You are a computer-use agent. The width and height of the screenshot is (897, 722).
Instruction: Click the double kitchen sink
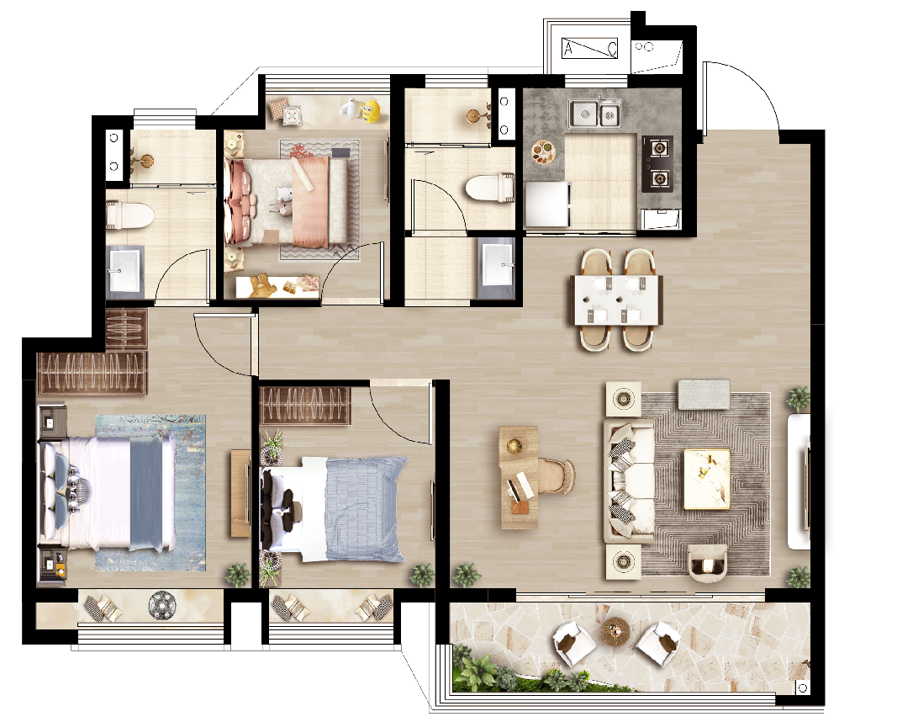[595, 114]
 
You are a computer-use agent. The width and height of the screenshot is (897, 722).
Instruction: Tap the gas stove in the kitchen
[657, 164]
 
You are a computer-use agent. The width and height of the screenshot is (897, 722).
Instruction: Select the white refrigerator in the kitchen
[547, 204]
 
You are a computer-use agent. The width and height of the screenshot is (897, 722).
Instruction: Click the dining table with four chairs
[617, 300]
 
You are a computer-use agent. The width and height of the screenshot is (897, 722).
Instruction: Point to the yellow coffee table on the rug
[707, 479]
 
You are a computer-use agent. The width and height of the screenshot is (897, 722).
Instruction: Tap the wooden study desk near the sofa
[520, 477]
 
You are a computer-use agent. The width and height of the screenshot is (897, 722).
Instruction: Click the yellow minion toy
[372, 111]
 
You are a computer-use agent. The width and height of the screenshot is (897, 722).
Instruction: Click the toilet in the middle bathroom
[489, 188]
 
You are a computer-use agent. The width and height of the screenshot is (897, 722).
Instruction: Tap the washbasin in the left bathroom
[124, 269]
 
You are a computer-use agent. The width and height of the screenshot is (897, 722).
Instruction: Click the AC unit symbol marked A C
[590, 48]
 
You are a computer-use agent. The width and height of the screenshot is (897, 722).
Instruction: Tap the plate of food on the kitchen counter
[543, 151]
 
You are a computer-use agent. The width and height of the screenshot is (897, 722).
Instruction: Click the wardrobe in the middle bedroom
[305, 406]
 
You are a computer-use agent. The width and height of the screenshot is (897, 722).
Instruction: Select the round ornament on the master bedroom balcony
[162, 605]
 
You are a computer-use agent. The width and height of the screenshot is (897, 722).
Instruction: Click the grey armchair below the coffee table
[707, 561]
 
